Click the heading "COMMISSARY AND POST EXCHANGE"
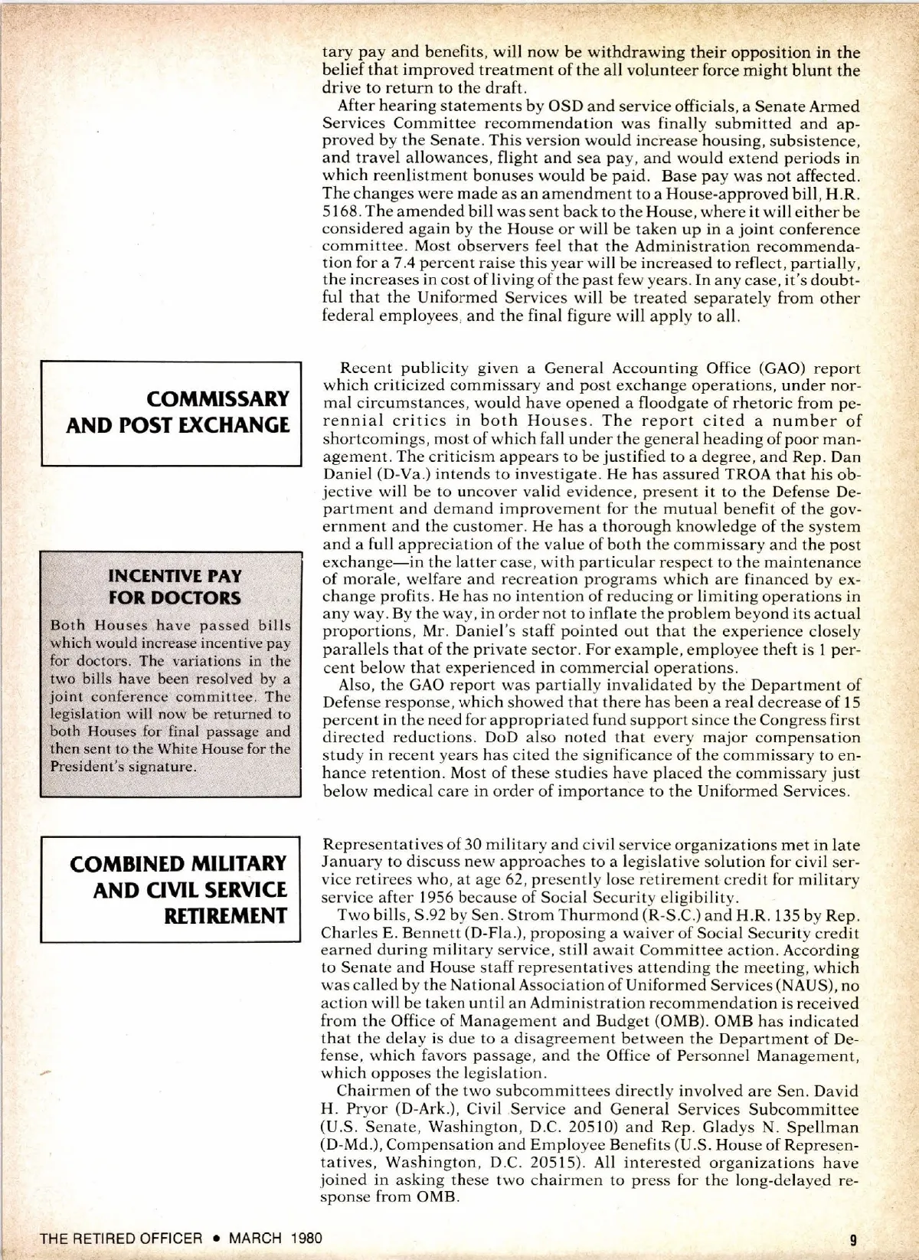(178, 412)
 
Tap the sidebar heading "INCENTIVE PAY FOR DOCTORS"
(175, 587)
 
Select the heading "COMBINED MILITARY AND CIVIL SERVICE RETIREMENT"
(178, 889)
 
